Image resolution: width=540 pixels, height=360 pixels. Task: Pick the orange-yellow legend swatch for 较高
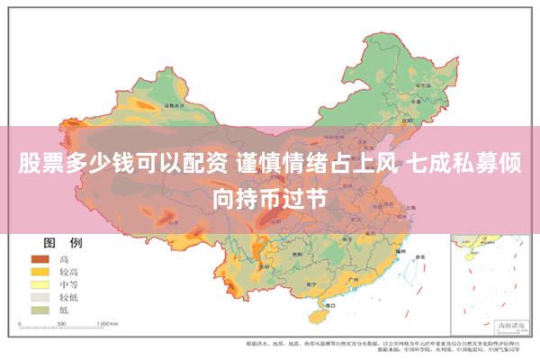[40, 272]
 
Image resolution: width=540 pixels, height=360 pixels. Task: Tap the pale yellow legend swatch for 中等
[40, 284]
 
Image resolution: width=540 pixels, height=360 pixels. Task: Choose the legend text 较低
[69, 297]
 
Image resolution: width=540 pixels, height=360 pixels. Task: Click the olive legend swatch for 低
[40, 310]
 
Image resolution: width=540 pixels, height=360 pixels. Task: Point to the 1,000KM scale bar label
[107, 322]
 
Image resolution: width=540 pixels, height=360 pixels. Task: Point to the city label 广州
[360, 282]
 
